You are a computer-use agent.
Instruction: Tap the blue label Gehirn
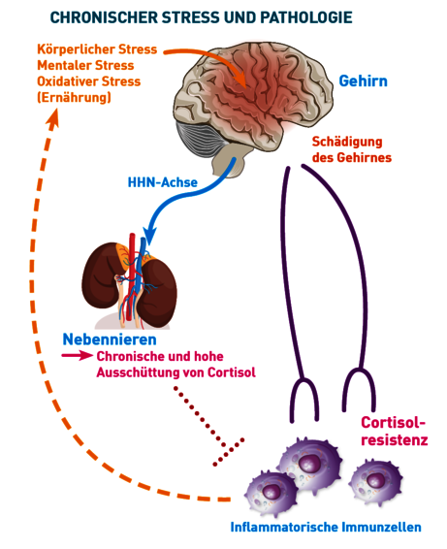(363, 81)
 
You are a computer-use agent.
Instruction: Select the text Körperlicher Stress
(97, 49)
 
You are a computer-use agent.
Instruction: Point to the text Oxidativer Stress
(89, 81)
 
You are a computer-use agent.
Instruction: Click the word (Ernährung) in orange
(75, 97)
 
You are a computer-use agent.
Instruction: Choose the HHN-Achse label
(163, 182)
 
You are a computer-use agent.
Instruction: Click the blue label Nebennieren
(110, 339)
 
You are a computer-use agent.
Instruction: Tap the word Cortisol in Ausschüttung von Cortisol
(232, 372)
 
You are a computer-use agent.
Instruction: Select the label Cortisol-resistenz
(394, 431)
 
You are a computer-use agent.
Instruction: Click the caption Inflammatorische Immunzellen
(326, 527)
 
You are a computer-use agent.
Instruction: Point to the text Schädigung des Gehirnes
(351, 149)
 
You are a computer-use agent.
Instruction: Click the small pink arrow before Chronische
(77, 355)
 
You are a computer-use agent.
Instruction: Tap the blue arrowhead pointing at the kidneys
(150, 236)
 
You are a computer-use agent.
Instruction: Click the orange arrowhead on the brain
(241, 79)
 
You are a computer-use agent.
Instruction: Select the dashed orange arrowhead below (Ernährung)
(53, 118)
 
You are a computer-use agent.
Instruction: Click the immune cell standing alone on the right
(375, 482)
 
